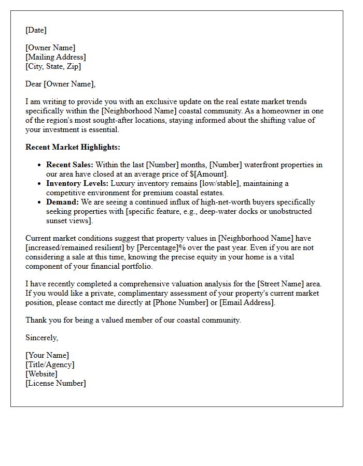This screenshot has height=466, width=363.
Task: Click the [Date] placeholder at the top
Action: click(36, 30)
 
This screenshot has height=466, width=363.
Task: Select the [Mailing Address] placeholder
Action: click(55, 57)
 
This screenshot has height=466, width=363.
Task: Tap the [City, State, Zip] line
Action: click(53, 66)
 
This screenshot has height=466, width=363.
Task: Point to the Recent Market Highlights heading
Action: click(73, 147)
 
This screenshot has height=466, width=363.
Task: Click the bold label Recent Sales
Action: click(69, 165)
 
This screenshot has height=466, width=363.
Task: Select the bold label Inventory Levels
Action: click(77, 183)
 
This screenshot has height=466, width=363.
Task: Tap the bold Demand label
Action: click(62, 202)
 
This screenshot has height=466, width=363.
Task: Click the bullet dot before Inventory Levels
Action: click(40, 184)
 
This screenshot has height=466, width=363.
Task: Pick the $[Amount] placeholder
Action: click(208, 174)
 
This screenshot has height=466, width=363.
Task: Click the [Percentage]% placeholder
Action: click(161, 247)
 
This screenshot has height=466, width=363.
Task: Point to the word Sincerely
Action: click(41, 338)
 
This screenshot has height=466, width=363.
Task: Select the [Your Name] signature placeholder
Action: click(47, 355)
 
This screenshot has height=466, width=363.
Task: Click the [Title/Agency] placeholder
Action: click(50, 365)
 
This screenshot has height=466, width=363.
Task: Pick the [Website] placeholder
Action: click(41, 374)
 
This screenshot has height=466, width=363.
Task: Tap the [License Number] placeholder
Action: click(55, 383)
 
